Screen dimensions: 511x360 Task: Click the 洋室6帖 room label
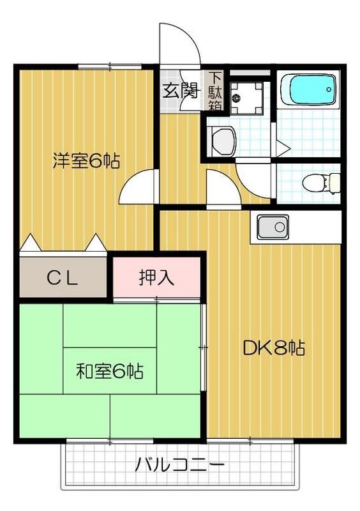click(x=86, y=160)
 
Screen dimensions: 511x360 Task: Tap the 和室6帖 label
click(x=109, y=370)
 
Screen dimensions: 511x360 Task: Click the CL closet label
click(x=63, y=277)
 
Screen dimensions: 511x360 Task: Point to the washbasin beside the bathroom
click(x=221, y=139)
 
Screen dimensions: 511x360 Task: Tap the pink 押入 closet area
click(x=158, y=277)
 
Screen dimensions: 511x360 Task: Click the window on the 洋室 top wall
click(x=110, y=66)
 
